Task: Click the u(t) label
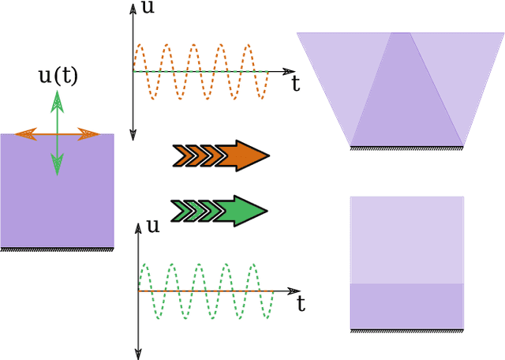click(x=58, y=76)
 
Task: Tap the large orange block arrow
click(x=221, y=156)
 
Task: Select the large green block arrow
click(x=220, y=210)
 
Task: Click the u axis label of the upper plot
click(x=148, y=7)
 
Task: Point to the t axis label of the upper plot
click(x=295, y=83)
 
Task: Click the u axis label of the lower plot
click(x=153, y=225)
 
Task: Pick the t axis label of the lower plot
click(x=301, y=302)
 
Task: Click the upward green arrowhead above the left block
click(x=57, y=100)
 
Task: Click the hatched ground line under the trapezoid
click(x=406, y=148)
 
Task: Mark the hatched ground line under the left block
click(x=57, y=250)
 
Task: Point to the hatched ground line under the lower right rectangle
click(x=406, y=328)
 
